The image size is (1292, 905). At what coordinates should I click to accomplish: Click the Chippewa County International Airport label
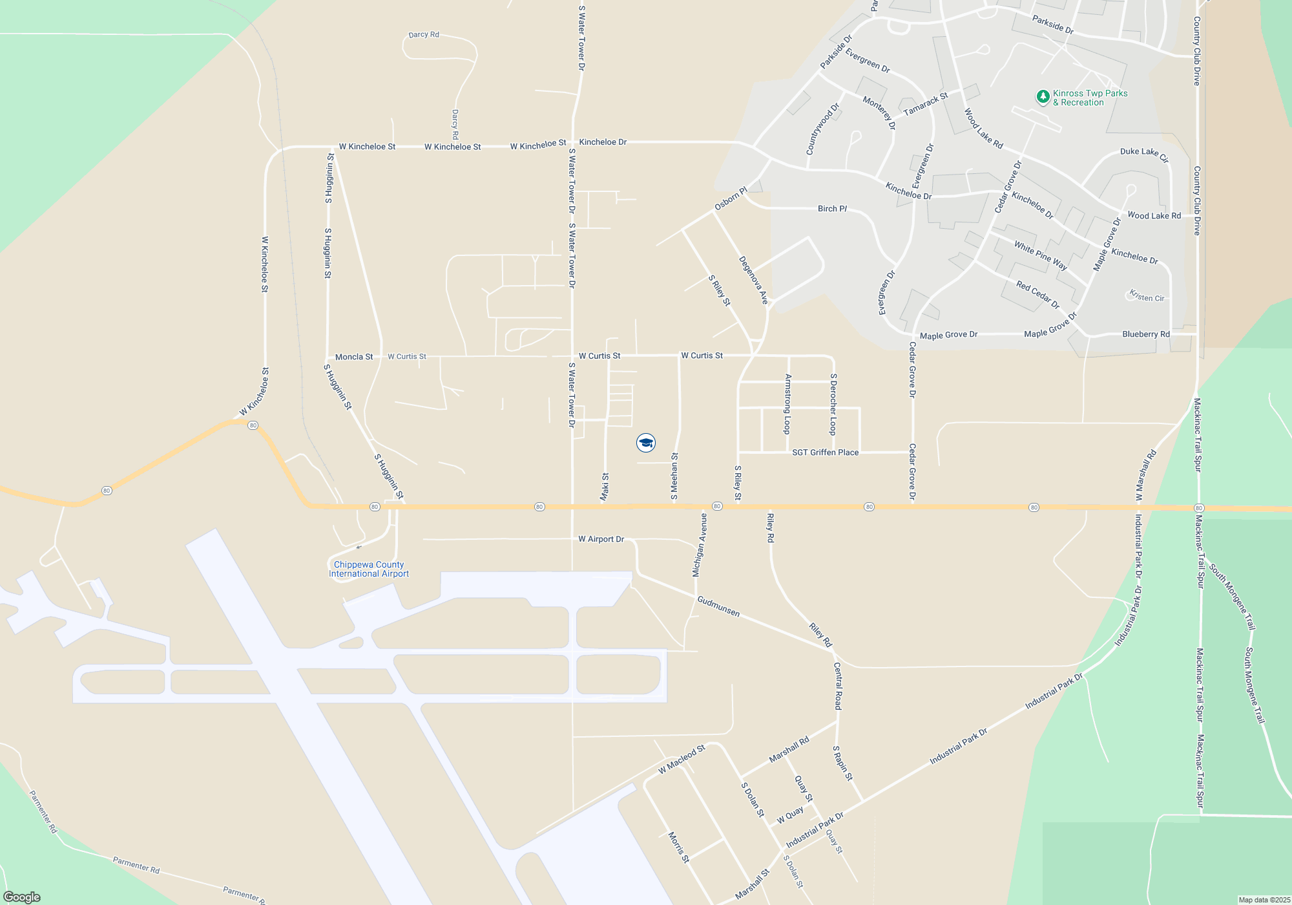coord(369,569)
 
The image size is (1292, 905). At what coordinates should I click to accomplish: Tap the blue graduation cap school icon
coord(646,443)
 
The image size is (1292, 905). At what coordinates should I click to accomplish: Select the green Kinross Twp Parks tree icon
coord(1043,97)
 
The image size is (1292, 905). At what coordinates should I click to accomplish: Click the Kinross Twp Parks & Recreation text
coord(1090,98)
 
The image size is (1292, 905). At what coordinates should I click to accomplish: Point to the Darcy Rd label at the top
coord(424,34)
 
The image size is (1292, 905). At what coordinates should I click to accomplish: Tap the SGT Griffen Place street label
coord(825,452)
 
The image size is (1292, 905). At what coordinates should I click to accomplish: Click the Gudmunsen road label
coord(718,606)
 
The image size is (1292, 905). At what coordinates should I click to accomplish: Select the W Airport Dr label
coord(601,539)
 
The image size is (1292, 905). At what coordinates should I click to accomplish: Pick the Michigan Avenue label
coord(699,545)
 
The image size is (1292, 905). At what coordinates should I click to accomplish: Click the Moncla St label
coord(354,357)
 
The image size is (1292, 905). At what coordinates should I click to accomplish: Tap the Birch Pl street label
coord(832,209)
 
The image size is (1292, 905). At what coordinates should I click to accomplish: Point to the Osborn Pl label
coord(731,198)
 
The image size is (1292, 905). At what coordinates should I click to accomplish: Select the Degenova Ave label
coord(753,280)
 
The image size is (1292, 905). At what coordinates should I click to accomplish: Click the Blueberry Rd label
coord(1145,334)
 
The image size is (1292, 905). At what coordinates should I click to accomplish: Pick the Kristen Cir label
coord(1147,296)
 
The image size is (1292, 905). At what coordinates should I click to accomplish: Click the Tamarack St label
coord(925,104)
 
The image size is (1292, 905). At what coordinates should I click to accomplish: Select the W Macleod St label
coord(682,759)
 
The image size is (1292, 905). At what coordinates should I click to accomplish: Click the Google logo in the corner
coord(22,897)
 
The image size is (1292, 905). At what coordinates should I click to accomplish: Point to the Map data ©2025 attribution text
coord(1264,900)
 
